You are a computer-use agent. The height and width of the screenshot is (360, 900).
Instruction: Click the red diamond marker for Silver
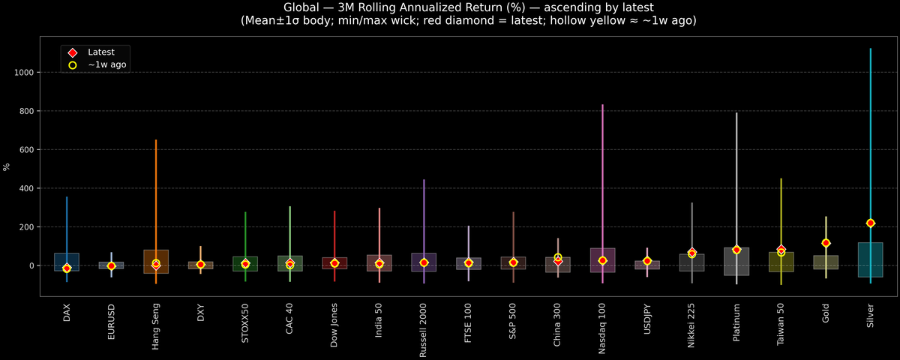[x=870, y=223]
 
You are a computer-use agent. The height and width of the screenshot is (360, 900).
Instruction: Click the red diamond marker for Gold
[x=826, y=243]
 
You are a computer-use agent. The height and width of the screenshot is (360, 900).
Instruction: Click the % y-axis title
[x=7, y=166]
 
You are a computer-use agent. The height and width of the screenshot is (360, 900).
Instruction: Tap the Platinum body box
[x=736, y=262]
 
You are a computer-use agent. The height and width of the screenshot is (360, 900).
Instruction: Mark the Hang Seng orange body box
[x=156, y=262]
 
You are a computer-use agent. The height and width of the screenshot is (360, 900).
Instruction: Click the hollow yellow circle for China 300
[x=558, y=257]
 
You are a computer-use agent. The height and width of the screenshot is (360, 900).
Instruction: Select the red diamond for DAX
[x=67, y=268]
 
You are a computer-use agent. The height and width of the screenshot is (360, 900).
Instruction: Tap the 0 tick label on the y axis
[x=31, y=265]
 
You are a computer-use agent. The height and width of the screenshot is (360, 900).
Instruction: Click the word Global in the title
[x=303, y=7]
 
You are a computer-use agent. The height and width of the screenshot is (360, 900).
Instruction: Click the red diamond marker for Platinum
[x=736, y=250]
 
